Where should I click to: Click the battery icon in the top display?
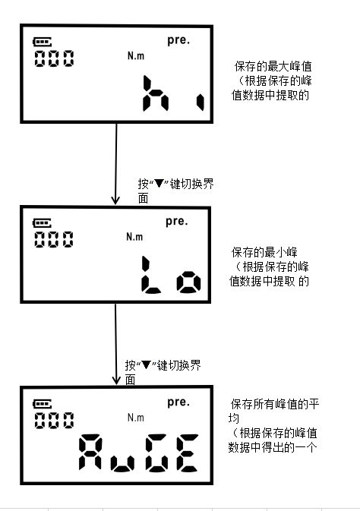point(43,42)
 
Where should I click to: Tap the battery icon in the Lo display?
point(42,223)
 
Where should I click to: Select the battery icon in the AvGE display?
point(43,404)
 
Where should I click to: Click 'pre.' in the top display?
point(178,40)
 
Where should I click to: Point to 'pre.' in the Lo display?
point(177,222)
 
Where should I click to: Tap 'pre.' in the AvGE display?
point(178,403)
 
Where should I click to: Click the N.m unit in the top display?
point(136,55)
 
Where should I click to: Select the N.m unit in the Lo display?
point(134,237)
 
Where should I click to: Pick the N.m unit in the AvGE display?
point(136,418)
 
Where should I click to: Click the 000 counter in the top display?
point(54,58)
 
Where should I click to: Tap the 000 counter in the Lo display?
point(54,239)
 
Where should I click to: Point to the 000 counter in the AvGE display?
point(54,421)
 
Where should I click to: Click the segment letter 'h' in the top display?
point(155,93)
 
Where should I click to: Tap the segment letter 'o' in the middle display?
point(189,282)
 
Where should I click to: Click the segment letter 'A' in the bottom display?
point(90,453)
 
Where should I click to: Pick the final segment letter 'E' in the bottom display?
point(187,453)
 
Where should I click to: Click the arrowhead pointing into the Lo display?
point(115,200)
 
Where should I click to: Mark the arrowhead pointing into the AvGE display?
point(116,380)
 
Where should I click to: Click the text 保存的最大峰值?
point(273,67)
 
